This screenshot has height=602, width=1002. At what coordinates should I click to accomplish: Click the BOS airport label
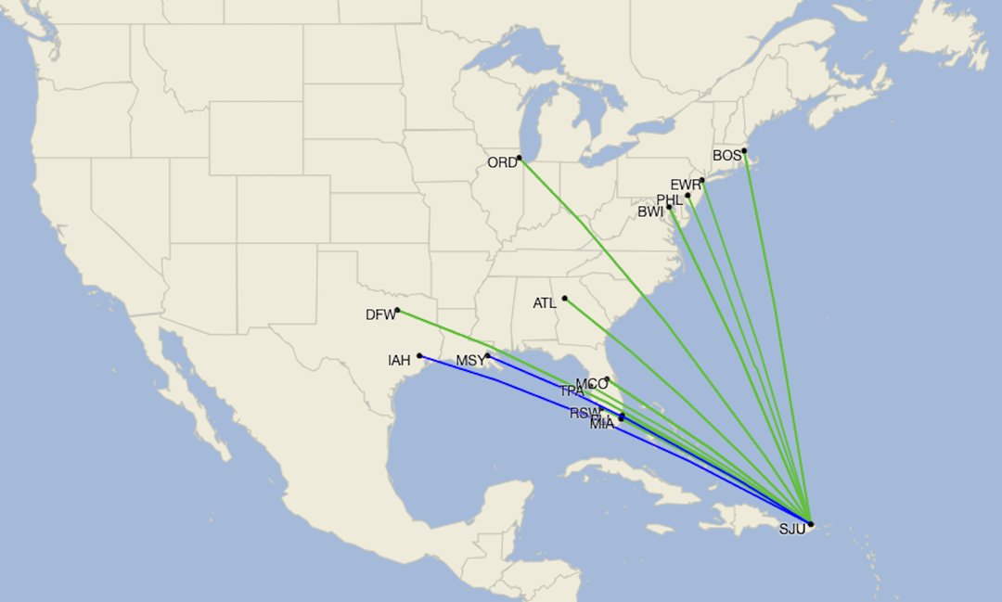click(x=726, y=156)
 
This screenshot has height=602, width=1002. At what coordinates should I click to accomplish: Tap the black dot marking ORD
click(x=520, y=158)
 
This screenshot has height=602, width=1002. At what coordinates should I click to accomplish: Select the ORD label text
click(x=502, y=163)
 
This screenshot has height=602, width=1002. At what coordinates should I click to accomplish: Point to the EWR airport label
click(x=686, y=185)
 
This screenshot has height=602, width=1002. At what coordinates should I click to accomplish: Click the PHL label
click(x=670, y=200)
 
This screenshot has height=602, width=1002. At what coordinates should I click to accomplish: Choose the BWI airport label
click(x=651, y=212)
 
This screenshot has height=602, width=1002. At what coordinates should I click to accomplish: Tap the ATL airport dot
click(x=564, y=298)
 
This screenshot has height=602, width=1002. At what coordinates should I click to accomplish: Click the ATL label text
click(x=546, y=303)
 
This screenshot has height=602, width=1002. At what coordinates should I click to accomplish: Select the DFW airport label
click(x=380, y=315)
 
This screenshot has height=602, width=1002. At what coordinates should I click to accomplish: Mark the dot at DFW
click(x=397, y=310)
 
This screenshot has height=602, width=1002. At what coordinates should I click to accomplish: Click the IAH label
click(x=399, y=361)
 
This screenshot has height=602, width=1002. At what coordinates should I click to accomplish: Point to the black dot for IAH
click(x=420, y=355)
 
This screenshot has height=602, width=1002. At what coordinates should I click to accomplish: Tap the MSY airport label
click(x=469, y=361)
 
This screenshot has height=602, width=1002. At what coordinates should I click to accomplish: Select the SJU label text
click(x=791, y=531)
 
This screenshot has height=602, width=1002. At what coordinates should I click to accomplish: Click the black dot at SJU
click(x=810, y=524)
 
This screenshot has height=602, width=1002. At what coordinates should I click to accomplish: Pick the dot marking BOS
click(x=745, y=151)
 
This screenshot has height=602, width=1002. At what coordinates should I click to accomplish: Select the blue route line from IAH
click(x=492, y=377)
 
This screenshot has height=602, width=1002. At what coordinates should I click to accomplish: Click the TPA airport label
click(x=572, y=391)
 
